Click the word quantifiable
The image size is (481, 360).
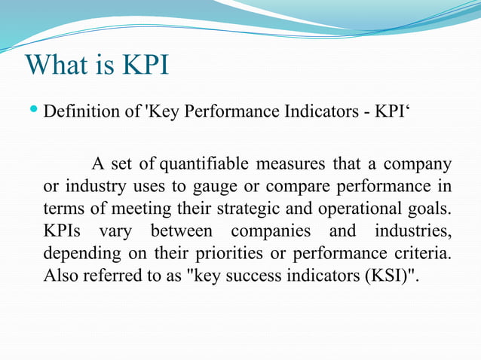coord(205,163)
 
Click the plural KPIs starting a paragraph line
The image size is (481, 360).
coord(63,230)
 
